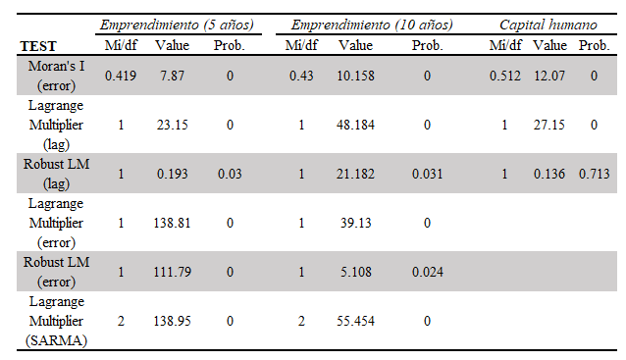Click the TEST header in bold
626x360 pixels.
pos(38,46)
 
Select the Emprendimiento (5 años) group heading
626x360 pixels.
pos(177,25)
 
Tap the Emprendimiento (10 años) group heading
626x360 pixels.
pos(372,25)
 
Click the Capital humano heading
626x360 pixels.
pos(548,25)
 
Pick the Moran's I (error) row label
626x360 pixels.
pos(56,76)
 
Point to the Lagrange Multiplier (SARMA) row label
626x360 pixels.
pos(56,321)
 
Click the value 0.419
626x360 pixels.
pos(121,76)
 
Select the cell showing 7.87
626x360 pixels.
pos(172,76)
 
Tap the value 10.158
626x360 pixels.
pos(355,76)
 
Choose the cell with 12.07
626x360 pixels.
pos(549,76)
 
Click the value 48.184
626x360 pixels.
pos(355,125)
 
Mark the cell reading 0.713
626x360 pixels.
pos(594,174)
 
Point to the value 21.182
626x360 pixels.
pos(355,174)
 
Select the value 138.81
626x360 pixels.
pos(172,223)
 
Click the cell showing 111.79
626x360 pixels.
pos(172,272)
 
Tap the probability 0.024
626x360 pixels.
pos(427,272)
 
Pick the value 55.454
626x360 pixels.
pos(355,321)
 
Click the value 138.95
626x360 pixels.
pos(172,321)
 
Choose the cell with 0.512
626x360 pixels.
pos(505,76)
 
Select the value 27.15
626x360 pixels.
pos(549,125)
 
